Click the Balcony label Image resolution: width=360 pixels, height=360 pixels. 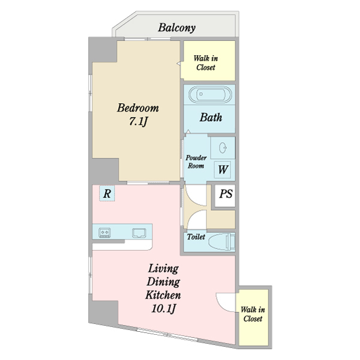[177, 28]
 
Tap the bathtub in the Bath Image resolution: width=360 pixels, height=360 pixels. [210, 94]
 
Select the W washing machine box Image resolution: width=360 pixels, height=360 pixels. [223, 170]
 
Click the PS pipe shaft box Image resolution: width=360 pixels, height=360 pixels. [225, 196]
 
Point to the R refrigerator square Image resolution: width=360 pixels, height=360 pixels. [107, 194]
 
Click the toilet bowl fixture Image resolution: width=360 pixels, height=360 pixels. [222, 242]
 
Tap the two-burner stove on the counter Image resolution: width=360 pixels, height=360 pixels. [104, 233]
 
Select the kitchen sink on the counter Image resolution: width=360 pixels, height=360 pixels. [139, 233]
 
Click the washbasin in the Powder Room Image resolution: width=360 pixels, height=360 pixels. [223, 148]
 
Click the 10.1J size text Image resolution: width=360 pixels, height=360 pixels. [163, 308]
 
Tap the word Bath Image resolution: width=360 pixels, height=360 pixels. [211, 118]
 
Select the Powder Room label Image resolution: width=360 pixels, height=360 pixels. [196, 161]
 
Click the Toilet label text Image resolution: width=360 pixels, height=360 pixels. [196, 237]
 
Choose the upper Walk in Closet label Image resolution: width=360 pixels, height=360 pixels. [206, 62]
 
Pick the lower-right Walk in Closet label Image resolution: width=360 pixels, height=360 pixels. [253, 314]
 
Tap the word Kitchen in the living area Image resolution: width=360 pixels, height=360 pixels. [163, 295]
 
